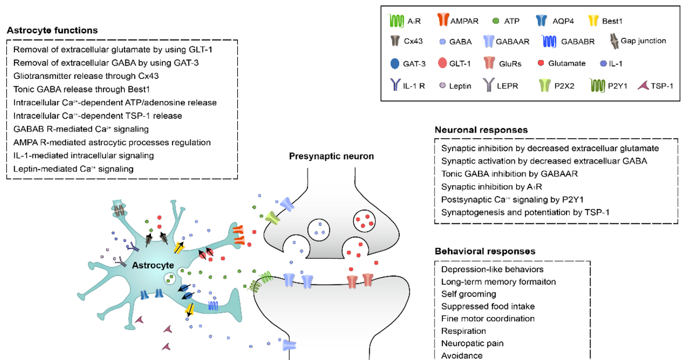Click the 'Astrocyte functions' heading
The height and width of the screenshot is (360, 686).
[52, 30]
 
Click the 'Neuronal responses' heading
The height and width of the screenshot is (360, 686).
[480, 130]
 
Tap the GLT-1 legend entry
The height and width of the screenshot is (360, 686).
[452, 63]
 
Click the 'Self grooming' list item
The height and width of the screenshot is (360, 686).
[468, 293]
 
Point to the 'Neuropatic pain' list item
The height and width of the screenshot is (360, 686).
[472, 343]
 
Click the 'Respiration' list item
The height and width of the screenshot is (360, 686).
[464, 331]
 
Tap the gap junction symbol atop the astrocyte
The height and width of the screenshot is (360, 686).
[119, 211]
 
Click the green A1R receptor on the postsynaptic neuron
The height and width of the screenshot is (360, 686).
[266, 280]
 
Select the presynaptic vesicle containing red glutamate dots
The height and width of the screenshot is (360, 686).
[365, 219]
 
